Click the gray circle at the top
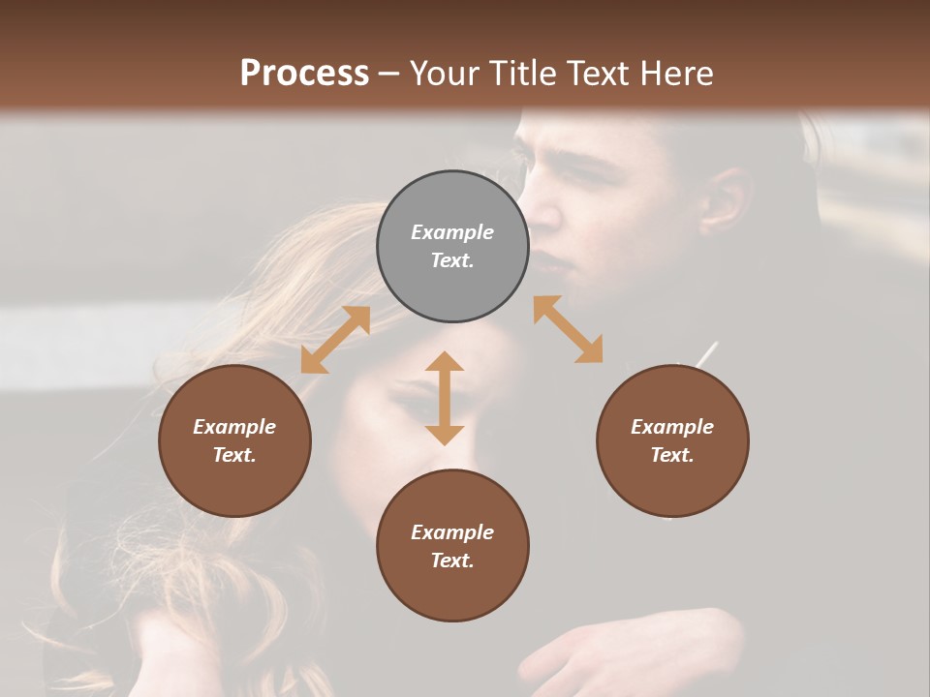click(452, 247)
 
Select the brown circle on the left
click(234, 441)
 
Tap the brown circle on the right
click(672, 441)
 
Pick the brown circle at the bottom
click(452, 546)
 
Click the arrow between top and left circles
click(335, 340)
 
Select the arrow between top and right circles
click(569, 329)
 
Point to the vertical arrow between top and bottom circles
click(445, 398)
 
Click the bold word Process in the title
click(304, 74)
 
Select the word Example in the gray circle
click(452, 232)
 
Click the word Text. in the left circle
click(234, 455)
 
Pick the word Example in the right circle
click(672, 427)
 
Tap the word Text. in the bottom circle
click(452, 561)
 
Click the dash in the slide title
click(389, 74)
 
